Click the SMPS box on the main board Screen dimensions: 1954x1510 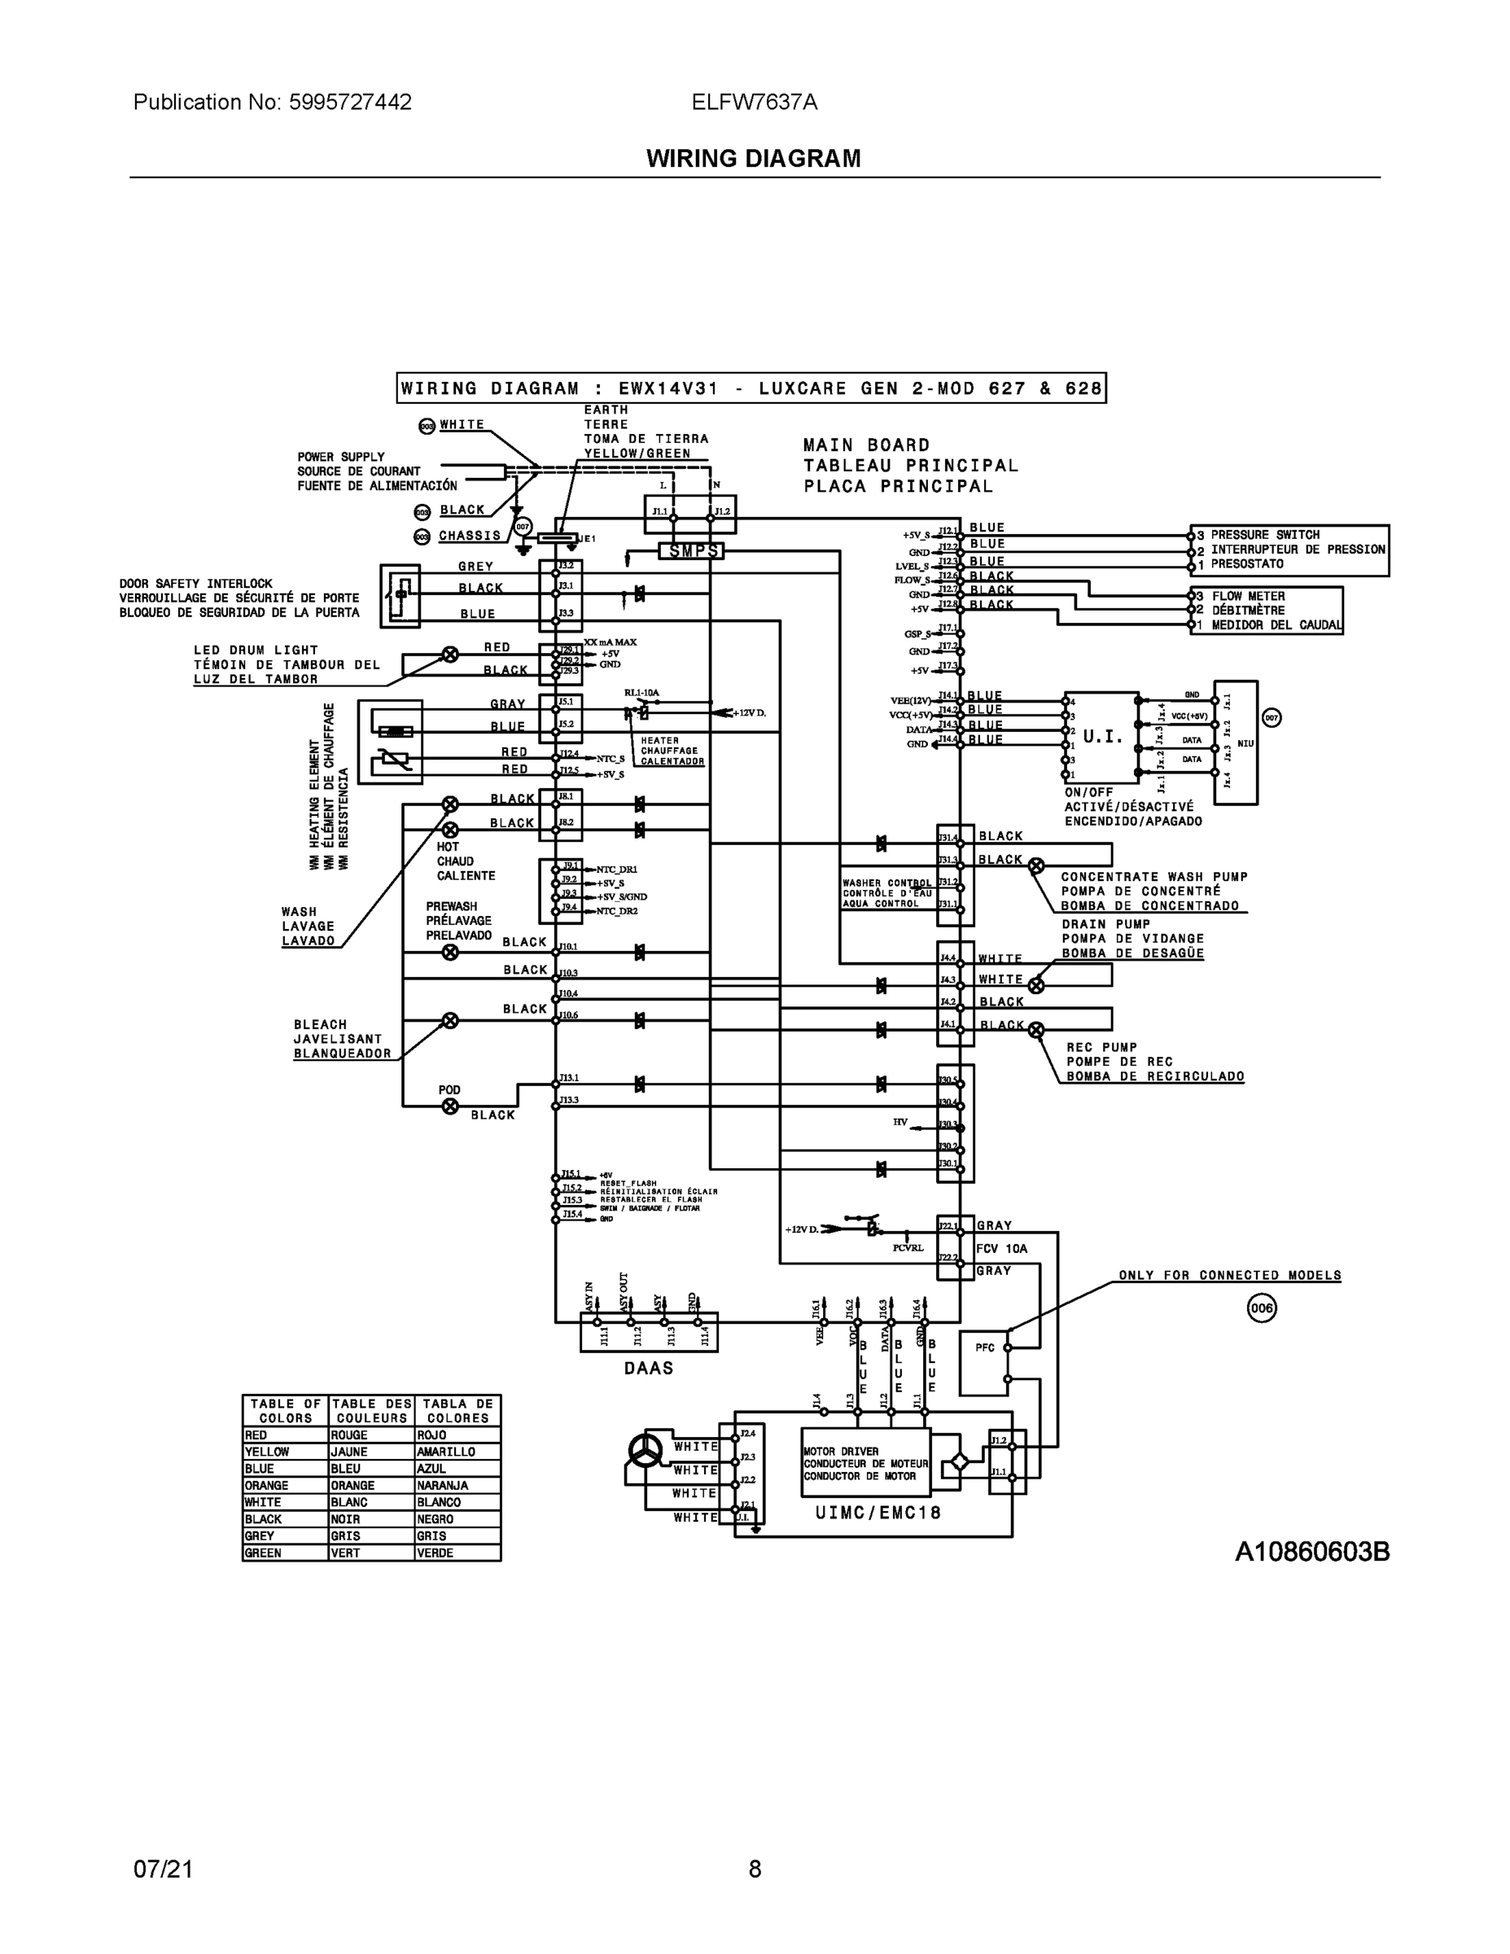[691, 551]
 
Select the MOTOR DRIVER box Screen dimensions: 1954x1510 [865, 1463]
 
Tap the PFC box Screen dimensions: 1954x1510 [984, 1364]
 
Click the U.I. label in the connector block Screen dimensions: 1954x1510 [1102, 737]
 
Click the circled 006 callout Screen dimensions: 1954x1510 [1261, 1309]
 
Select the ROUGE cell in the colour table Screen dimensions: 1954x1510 [370, 1435]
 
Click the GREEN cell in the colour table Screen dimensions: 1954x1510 [284, 1553]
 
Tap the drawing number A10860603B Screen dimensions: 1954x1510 [1311, 1551]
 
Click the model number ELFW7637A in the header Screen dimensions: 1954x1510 [754, 102]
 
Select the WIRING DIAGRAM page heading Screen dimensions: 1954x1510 [753, 159]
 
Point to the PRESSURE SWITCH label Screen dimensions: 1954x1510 [1265, 535]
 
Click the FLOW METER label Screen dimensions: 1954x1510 [1248, 596]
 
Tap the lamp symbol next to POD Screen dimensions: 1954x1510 [450, 1106]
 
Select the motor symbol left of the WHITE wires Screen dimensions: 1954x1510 [644, 1450]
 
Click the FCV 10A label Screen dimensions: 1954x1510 [1002, 1248]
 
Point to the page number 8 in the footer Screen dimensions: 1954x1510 [754, 1869]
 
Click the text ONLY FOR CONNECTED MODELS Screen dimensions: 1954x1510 [1230, 1275]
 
